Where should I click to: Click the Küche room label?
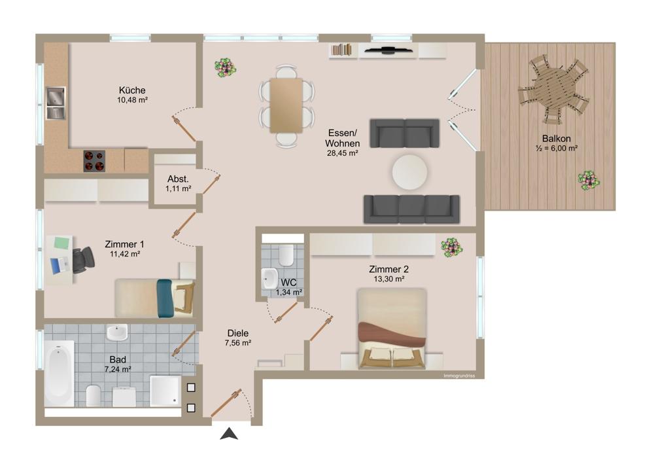click(x=132, y=90)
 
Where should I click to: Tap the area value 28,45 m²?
click(x=343, y=153)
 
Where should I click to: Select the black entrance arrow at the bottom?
click(x=229, y=433)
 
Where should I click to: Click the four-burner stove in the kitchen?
click(x=94, y=161)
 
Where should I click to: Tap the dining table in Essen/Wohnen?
click(x=286, y=105)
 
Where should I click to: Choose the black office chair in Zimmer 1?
click(x=82, y=260)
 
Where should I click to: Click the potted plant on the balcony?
click(x=589, y=180)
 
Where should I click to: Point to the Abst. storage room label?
click(x=178, y=179)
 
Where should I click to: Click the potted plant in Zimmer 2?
click(x=451, y=247)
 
